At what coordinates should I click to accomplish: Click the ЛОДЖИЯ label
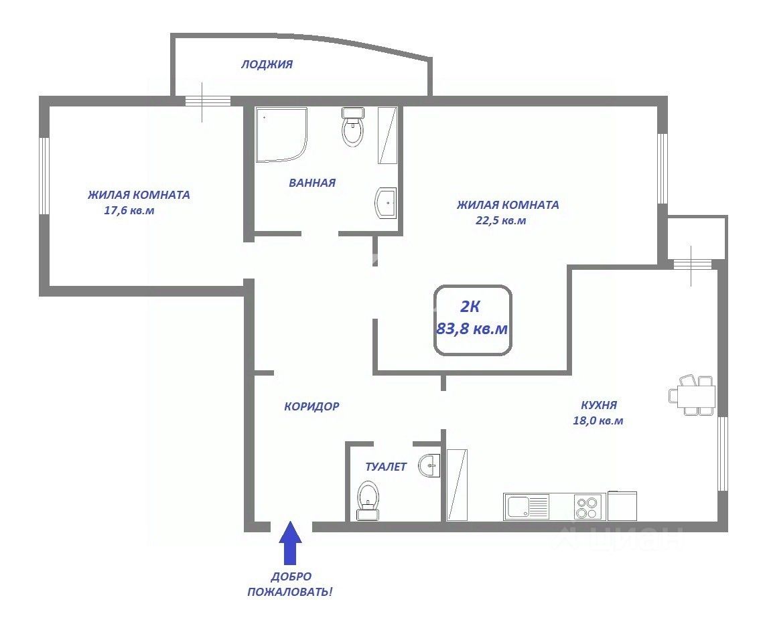tap(267, 64)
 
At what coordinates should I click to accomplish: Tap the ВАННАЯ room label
tap(312, 183)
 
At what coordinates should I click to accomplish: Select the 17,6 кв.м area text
tap(129, 211)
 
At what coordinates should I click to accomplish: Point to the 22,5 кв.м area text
tap(500, 220)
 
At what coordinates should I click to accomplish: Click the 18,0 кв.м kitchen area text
tap(598, 420)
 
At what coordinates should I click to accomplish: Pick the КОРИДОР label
tap(311, 406)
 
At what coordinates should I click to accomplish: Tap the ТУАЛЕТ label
tap(386, 467)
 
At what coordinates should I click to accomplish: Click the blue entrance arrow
tap(290, 542)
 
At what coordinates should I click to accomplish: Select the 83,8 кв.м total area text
tap(472, 329)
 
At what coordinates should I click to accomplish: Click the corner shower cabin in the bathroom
tap(281, 135)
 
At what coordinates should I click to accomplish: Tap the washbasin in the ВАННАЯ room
tap(386, 204)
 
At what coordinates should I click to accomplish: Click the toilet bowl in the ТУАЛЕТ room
tap(368, 500)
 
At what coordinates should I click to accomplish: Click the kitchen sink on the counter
tap(527, 507)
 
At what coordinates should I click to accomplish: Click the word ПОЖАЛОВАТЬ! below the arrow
tap(291, 593)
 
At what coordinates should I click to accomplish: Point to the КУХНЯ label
tap(599, 404)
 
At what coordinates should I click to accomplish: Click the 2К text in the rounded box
tap(470, 307)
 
